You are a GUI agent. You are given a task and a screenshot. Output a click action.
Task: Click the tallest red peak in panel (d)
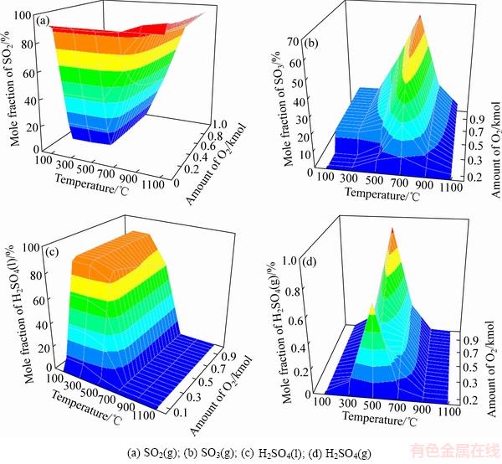click(x=392, y=229)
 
